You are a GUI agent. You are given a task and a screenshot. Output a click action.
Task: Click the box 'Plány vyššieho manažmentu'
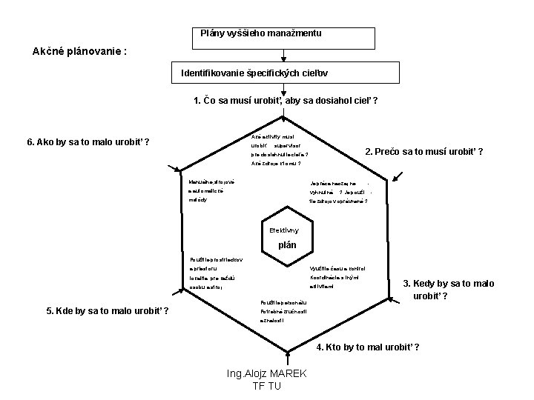point(261,33)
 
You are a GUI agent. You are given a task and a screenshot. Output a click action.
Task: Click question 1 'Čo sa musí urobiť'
point(286,101)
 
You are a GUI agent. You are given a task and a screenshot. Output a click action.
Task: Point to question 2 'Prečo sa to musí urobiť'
point(424,152)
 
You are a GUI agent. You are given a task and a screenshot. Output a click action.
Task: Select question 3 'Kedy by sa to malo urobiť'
point(448,290)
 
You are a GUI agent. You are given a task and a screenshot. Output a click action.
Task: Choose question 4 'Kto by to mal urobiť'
point(368,347)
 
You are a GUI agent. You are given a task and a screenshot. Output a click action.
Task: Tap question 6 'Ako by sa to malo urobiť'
point(88,141)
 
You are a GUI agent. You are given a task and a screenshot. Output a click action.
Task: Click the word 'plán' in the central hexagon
point(286,245)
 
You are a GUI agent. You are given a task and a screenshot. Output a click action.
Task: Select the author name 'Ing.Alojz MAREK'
point(268,373)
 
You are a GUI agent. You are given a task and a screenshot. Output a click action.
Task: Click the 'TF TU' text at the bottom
point(268,385)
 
